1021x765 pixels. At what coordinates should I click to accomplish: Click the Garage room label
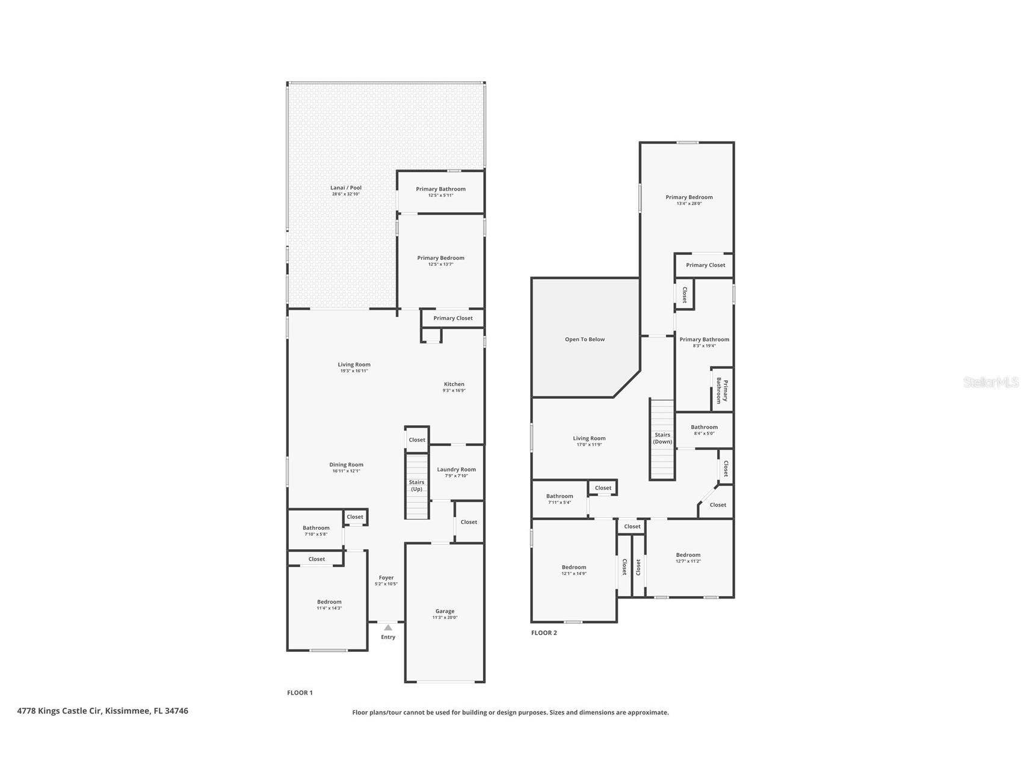pos(445,611)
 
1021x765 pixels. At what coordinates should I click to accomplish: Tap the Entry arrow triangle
pos(388,627)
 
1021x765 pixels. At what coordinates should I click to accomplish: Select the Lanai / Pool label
pos(346,188)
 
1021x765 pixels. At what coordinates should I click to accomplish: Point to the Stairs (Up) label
pos(416,485)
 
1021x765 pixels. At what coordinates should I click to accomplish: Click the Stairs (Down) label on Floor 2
pos(662,438)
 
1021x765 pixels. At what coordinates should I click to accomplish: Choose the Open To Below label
pos(584,339)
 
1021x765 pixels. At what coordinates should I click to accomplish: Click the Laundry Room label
pos(456,470)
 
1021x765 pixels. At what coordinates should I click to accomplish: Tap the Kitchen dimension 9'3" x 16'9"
pos(454,391)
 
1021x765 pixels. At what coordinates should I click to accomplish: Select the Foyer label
pos(386,577)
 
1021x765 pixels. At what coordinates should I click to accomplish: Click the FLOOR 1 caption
pos(300,693)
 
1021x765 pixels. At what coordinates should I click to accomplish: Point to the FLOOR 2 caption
pos(544,633)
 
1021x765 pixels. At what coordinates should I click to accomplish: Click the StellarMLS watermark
pos(990,382)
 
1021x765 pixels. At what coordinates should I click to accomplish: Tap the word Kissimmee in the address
pos(127,711)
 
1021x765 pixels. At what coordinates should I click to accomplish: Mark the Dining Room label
pos(346,464)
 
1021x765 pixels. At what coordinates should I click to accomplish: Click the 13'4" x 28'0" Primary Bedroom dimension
pos(689,204)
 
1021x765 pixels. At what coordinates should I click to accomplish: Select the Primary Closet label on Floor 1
pos(452,318)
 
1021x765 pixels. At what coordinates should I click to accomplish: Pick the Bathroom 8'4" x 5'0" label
pos(704,427)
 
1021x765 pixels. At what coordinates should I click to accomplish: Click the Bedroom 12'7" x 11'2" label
pos(688,555)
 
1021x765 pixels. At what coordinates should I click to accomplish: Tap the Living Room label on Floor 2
pos(589,438)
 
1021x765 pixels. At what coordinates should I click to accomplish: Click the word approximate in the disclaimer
pos(647,713)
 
